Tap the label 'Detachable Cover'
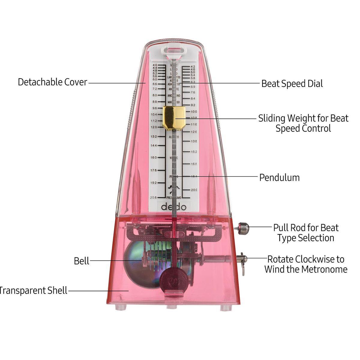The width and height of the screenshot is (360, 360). [x=52, y=82]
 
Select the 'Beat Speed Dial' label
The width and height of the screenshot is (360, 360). [x=292, y=83]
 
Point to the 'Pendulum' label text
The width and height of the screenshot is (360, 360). [x=279, y=177]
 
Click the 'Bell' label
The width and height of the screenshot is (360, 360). [x=82, y=261]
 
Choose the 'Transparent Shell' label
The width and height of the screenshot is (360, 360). [x=33, y=290]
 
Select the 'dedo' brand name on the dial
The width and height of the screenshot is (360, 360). [x=174, y=207]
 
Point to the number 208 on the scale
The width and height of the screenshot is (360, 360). [x=153, y=197]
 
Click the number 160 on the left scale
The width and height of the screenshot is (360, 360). [x=154, y=157]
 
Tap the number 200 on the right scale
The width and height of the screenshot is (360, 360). [x=194, y=190]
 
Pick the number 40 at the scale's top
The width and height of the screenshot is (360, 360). [x=155, y=65]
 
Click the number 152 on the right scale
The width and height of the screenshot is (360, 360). [x=194, y=152]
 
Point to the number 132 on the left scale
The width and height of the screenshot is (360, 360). [x=154, y=136]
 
